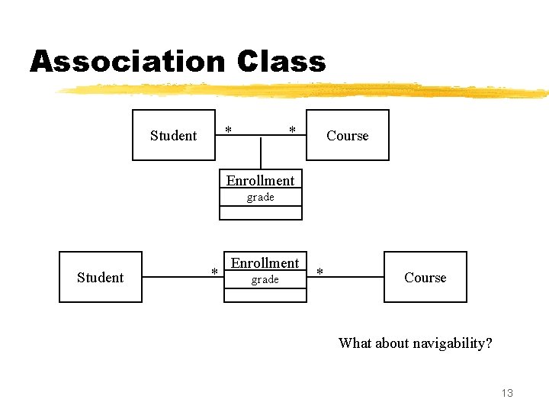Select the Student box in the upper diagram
(x=174, y=135)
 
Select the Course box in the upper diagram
(x=347, y=135)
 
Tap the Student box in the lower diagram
(x=101, y=277)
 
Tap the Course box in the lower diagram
(x=425, y=277)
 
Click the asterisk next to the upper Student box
(x=229, y=129)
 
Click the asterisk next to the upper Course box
(x=292, y=130)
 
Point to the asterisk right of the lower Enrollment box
(x=319, y=272)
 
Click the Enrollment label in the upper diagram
(x=260, y=180)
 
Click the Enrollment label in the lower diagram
(x=265, y=262)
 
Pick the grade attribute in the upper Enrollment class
(x=260, y=197)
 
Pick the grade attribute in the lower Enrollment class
(x=265, y=280)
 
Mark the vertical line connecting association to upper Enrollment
(x=261, y=153)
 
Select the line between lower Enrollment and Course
(x=345, y=278)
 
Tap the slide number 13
(x=507, y=393)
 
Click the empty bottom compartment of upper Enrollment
(x=260, y=213)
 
